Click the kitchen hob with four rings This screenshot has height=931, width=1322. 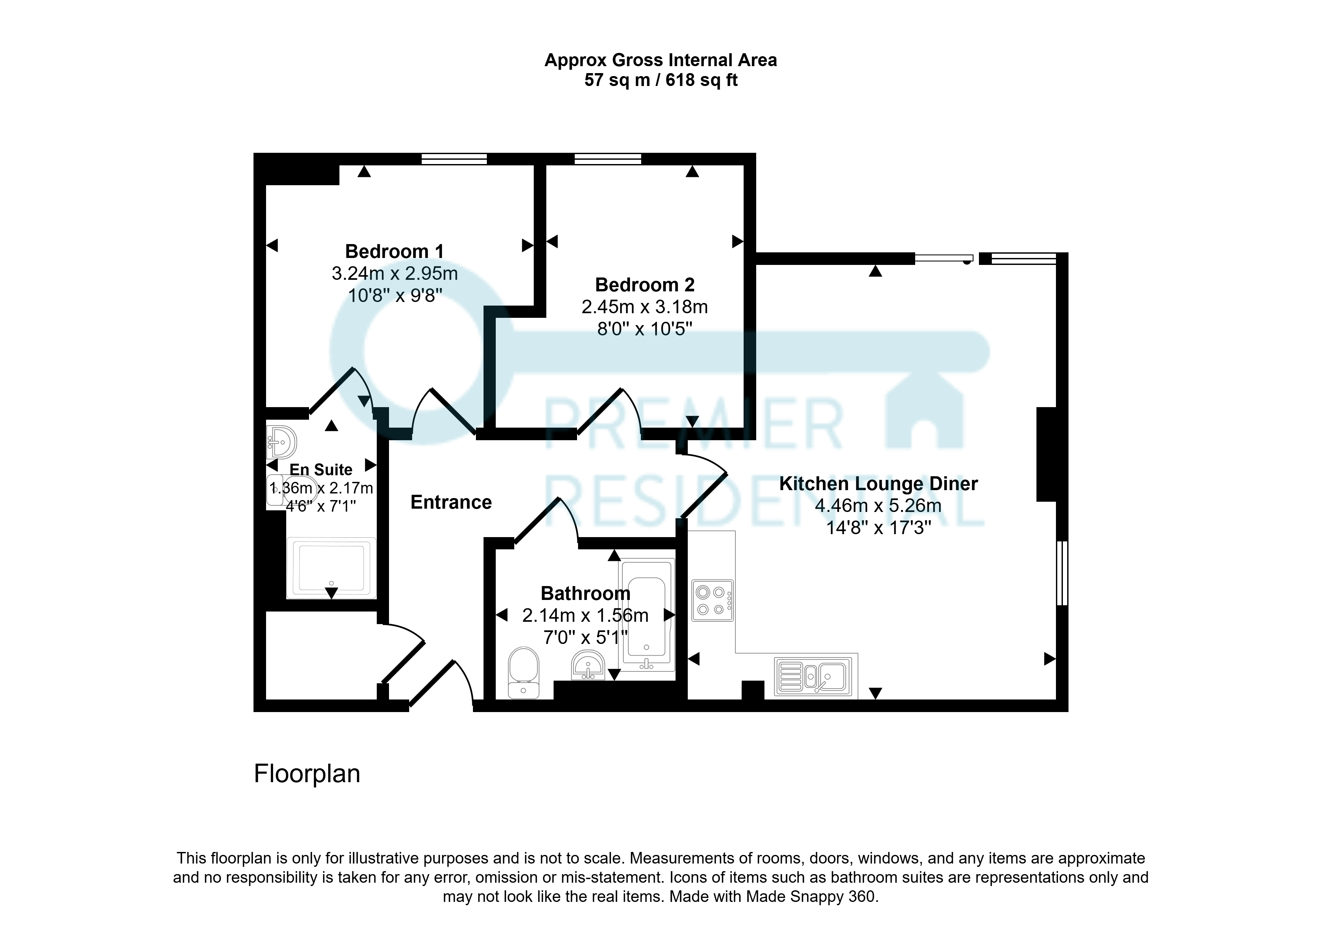coord(712,600)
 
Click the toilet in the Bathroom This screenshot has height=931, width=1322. coord(524,673)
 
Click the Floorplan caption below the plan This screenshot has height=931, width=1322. coord(307,774)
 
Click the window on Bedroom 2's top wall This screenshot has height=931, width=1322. coord(608,159)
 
